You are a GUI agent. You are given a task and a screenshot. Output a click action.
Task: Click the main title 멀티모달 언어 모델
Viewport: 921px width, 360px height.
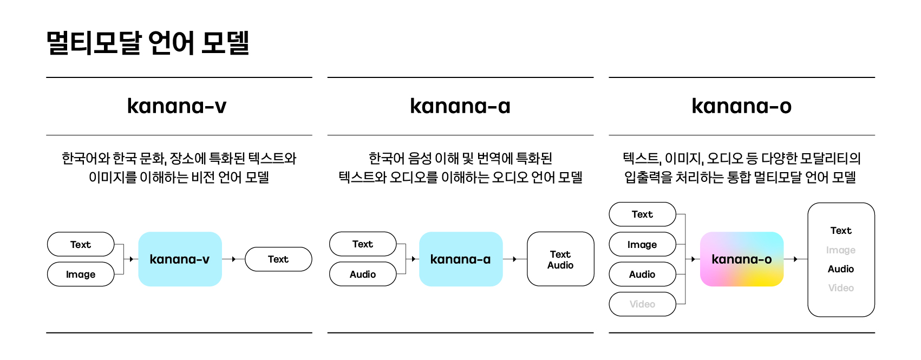click(x=148, y=42)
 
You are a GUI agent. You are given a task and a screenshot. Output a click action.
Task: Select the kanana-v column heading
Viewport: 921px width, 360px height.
click(x=177, y=106)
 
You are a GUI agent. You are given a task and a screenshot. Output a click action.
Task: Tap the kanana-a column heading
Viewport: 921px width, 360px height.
click(x=460, y=106)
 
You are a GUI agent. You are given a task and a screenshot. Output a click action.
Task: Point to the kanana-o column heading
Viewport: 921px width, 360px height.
click(x=741, y=106)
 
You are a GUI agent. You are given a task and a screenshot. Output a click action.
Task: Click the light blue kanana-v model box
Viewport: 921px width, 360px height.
click(x=180, y=259)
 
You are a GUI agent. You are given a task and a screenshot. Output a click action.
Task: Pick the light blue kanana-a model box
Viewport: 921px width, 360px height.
click(x=461, y=259)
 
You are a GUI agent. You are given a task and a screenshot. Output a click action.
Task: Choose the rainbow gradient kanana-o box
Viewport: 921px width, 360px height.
click(x=742, y=259)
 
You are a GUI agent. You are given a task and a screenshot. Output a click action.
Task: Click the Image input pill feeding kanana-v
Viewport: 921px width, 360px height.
click(x=81, y=274)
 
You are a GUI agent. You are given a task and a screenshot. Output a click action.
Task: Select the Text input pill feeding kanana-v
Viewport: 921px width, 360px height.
click(x=81, y=244)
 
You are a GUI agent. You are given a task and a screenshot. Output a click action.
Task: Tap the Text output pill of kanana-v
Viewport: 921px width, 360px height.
click(x=278, y=259)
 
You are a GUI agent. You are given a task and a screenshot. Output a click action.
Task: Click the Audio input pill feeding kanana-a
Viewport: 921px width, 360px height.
click(x=363, y=274)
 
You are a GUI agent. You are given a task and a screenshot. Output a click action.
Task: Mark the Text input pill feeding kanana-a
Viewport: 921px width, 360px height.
click(x=363, y=244)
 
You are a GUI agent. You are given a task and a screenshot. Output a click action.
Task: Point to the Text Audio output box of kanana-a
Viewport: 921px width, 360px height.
click(x=560, y=259)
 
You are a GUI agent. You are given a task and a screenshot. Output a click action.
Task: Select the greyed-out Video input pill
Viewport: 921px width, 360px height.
click(x=642, y=304)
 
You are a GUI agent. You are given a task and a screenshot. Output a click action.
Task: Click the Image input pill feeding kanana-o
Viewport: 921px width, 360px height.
click(x=642, y=245)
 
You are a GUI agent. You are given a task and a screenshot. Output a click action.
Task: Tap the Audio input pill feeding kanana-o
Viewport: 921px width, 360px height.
click(x=642, y=274)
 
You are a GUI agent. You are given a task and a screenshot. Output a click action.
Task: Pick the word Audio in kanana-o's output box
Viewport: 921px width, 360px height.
click(x=841, y=269)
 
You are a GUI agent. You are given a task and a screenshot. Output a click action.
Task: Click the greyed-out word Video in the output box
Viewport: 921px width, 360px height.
click(x=841, y=288)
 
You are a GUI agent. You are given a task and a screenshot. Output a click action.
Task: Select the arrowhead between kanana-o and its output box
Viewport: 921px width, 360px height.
click(x=795, y=259)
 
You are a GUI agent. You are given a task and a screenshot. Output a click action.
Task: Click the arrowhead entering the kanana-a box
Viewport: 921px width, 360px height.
click(x=413, y=259)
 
